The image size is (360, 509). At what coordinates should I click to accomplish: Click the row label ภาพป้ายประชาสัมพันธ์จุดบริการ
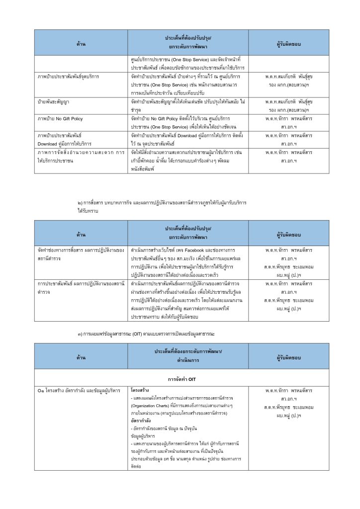[x=69, y=77]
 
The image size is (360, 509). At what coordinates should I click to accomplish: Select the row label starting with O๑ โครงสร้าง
[x=79, y=390]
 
